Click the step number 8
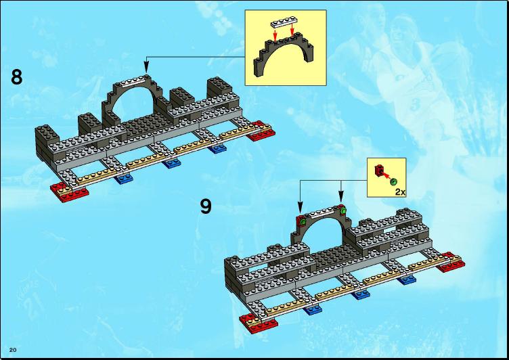tap(16, 77)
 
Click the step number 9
tap(206, 206)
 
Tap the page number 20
tap(13, 350)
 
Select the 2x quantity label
tap(400, 192)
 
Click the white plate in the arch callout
tap(283, 23)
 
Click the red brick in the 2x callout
tap(379, 170)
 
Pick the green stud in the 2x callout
tap(394, 182)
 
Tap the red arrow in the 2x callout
tap(385, 176)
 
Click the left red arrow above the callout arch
tap(275, 35)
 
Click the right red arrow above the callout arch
tap(292, 28)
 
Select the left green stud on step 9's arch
tap(303, 222)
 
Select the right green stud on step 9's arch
tap(343, 212)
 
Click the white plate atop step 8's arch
tap(133, 81)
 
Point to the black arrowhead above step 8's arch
tap(146, 68)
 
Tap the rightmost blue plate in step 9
tap(407, 279)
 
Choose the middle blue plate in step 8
tap(171, 163)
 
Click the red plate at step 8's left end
tap(70, 192)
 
